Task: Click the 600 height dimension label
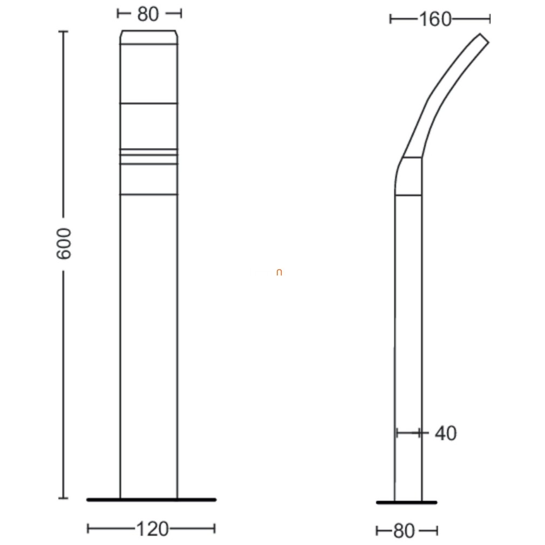coord(64,243)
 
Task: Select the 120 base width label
coord(152,529)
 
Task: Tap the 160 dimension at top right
coord(435,19)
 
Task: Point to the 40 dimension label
coord(446,433)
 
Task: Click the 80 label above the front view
coord(148,14)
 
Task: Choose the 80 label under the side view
coord(404,531)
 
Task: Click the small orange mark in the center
coord(279,272)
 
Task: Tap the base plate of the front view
coord(151,500)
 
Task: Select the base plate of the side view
coord(407,502)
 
